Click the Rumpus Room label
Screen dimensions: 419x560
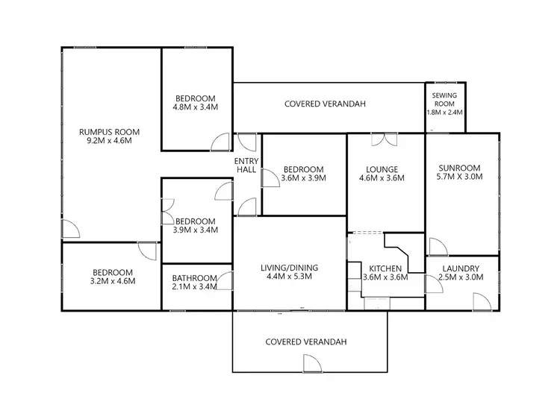[110, 132]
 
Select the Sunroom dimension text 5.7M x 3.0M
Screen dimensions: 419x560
[458, 177]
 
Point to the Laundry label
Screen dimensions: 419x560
[460, 268]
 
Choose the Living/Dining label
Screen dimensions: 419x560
[290, 267]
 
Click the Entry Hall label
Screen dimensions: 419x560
[246, 166]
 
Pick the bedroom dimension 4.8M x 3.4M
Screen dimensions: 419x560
[196, 107]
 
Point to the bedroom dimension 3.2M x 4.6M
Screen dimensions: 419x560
[113, 281]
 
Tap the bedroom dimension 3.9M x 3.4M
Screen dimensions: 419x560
[195, 230]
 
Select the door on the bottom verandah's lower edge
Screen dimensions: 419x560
[311, 363]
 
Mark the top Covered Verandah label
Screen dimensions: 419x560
[325, 104]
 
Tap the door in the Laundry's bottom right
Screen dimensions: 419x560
[481, 300]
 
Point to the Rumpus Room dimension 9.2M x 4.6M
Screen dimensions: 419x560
[110, 140]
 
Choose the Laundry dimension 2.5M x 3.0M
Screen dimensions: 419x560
[460, 277]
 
